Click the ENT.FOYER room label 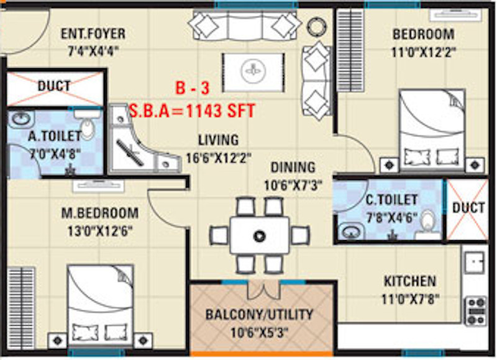click(x=93, y=34)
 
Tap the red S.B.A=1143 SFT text click(x=192, y=111)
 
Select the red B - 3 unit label click(x=193, y=88)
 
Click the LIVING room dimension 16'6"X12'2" click(x=219, y=158)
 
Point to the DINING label click(x=293, y=168)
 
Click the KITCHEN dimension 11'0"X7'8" click(x=410, y=299)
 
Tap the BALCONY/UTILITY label click(x=259, y=315)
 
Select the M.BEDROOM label click(x=100, y=213)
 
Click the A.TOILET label click(x=55, y=136)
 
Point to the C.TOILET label click(x=392, y=200)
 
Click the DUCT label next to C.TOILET click(x=468, y=208)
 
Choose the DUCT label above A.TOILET click(x=54, y=86)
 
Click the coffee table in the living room click(x=253, y=73)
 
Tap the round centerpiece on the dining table click(x=259, y=236)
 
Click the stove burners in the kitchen click(x=476, y=311)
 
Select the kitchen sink click(x=475, y=263)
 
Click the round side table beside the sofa click(x=316, y=27)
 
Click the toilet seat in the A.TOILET click(x=88, y=129)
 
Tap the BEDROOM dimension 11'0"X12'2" click(x=424, y=52)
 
